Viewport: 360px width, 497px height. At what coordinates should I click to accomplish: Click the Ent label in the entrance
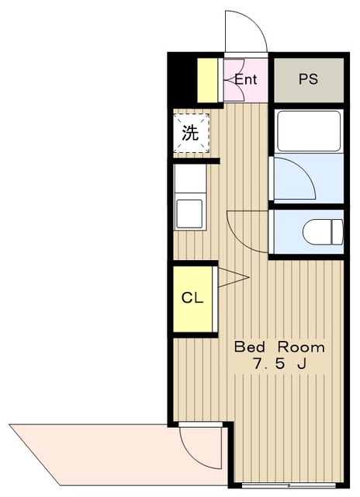click(x=245, y=79)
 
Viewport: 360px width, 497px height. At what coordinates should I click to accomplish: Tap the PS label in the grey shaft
click(x=308, y=79)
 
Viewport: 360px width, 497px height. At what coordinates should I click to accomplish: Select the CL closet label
click(x=192, y=298)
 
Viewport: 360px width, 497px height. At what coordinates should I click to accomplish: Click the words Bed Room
click(x=279, y=347)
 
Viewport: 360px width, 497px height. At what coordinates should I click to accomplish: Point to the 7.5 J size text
click(x=279, y=364)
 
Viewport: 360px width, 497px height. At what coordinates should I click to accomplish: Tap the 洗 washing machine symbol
click(x=191, y=133)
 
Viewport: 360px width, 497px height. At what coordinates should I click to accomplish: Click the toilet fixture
click(x=323, y=231)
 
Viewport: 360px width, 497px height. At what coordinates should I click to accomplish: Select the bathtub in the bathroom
click(x=309, y=131)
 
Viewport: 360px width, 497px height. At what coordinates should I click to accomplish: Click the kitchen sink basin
click(x=189, y=214)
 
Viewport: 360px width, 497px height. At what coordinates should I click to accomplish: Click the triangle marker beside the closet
click(x=234, y=278)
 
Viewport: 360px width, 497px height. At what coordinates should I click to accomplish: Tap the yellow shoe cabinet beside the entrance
click(x=207, y=80)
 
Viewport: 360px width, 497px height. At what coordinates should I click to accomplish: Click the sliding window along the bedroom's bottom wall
click(x=289, y=485)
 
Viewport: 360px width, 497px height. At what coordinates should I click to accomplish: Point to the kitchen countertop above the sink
click(x=190, y=178)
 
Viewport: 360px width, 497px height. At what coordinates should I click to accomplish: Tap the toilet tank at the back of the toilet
click(x=337, y=231)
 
